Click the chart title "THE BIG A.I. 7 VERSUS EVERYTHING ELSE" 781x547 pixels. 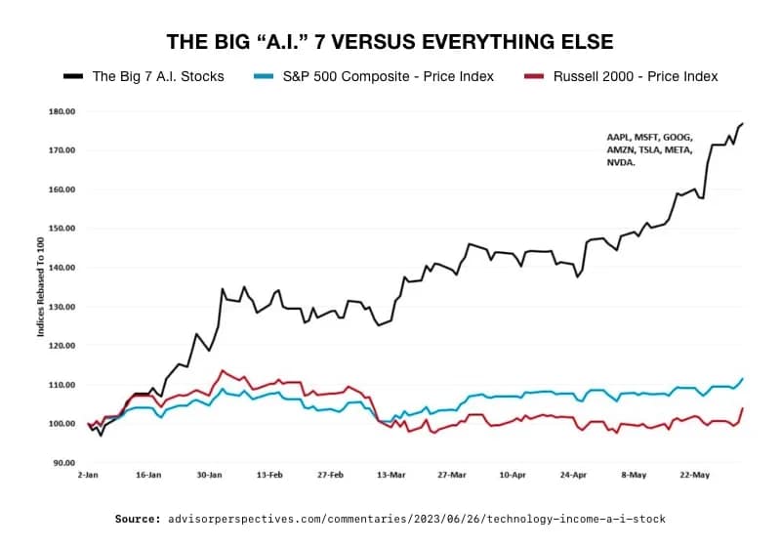coord(390,42)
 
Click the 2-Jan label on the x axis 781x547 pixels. coord(88,474)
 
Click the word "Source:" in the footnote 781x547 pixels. coord(137,519)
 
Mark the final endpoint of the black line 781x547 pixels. coord(743,124)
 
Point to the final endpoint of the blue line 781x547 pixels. coord(743,379)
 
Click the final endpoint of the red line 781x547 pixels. coord(743,408)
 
